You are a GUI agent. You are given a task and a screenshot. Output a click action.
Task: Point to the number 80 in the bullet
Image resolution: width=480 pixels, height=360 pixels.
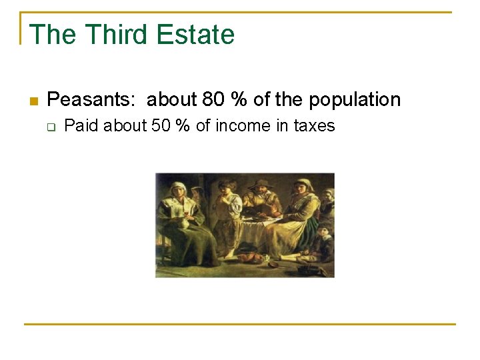pos(213,100)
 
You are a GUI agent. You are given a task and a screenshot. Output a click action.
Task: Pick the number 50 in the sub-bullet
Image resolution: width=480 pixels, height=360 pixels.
pos(161,126)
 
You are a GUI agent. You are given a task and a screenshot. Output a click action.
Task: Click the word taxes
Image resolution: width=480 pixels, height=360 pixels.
pos(314,126)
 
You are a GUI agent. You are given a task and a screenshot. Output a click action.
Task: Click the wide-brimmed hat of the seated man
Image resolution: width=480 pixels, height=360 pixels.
pos(261,184)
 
